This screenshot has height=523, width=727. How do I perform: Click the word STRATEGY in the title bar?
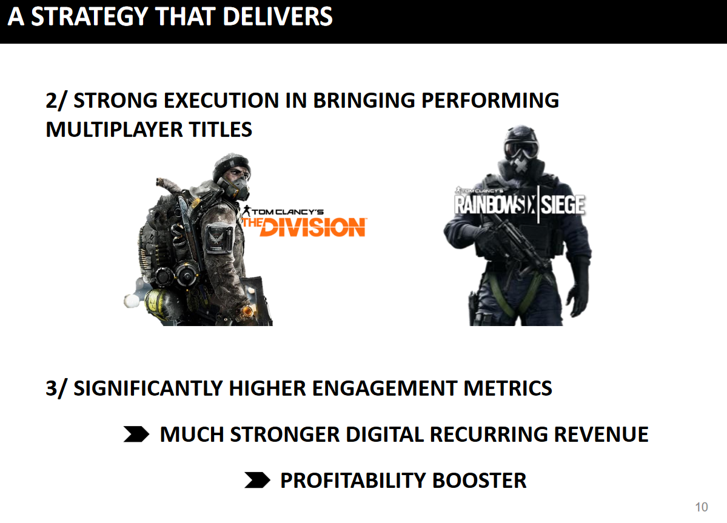(90, 17)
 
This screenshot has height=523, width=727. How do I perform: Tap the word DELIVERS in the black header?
(277, 17)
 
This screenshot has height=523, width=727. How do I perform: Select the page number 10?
(702, 507)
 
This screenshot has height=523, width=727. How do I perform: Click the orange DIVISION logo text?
(313, 227)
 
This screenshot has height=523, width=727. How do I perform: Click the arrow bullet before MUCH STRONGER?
(136, 434)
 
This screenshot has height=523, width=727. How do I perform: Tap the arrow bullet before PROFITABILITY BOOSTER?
(257, 481)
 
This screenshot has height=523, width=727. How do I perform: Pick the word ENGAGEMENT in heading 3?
(384, 388)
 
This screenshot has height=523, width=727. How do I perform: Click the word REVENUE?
(601, 435)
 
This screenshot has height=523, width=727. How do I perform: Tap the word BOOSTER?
(480, 481)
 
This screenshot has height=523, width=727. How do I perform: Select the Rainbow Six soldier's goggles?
(521, 149)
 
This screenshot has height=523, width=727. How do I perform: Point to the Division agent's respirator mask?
(238, 188)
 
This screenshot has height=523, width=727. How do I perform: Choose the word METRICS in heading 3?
(508, 388)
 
